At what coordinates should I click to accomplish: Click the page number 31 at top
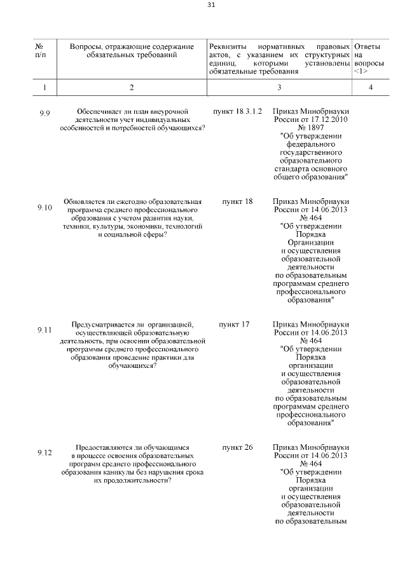coord(211,5)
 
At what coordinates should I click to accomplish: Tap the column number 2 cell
coord(131,87)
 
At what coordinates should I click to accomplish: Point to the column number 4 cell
coord(370,87)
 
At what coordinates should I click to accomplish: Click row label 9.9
coord(45,114)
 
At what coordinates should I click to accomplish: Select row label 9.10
coord(45,208)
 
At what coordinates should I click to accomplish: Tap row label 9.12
coord(45,452)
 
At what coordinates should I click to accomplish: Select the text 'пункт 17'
coord(234,324)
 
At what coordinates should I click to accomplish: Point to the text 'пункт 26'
coord(237,447)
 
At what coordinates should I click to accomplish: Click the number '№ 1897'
coord(311,128)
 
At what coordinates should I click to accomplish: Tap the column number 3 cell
coord(279,87)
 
